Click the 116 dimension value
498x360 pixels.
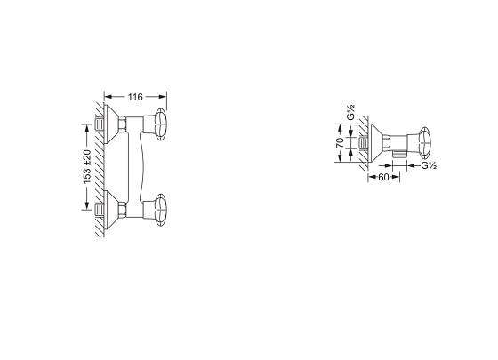135,97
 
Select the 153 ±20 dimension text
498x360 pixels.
87,167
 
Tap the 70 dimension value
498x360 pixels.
340,143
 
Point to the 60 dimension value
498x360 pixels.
383,177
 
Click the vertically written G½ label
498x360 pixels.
350,112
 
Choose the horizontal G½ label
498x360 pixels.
429,165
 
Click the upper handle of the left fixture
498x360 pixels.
160,124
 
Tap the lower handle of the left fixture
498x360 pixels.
160,210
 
